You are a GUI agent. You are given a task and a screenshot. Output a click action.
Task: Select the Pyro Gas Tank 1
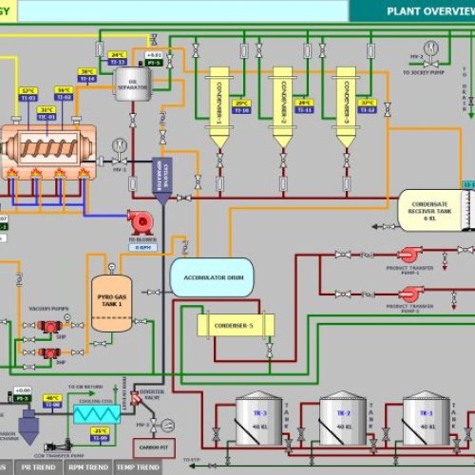coord(111,303)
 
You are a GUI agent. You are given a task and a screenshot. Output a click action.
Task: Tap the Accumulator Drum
coord(212,276)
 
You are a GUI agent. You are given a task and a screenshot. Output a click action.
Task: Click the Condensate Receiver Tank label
coord(428,208)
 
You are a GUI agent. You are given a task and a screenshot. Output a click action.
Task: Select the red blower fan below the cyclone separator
coord(141,222)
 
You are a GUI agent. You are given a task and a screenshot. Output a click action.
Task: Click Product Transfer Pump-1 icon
coord(410,255)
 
